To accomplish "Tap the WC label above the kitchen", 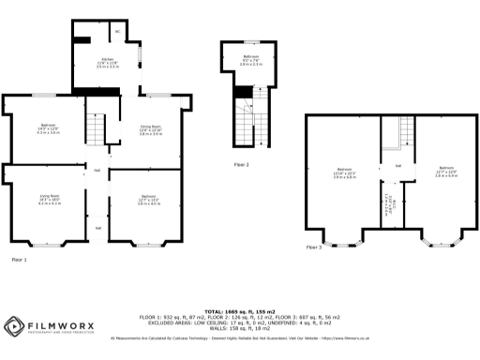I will point(116,33).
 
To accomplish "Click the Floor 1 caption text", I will point(19,259).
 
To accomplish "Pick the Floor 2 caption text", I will point(241,164).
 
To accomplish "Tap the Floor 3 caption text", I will point(314,247).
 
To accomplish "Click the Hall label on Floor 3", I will point(397,165).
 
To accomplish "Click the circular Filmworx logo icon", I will point(13,326).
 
